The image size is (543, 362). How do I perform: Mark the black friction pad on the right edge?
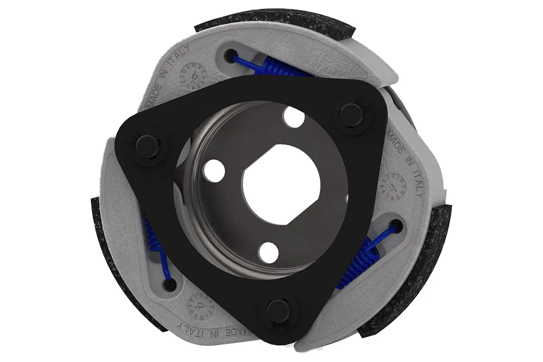(434, 253)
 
